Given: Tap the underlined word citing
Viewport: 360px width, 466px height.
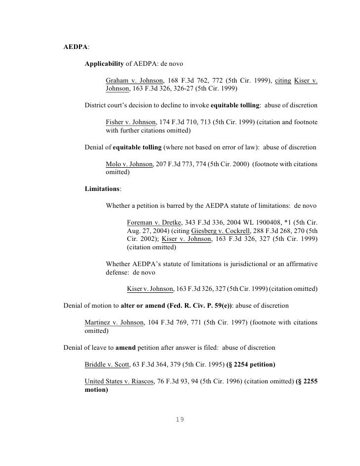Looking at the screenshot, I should [x=283, y=81].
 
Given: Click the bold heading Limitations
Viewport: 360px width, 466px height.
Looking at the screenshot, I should [x=102, y=188].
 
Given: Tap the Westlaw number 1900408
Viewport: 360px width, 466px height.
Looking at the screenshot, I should [x=252, y=222].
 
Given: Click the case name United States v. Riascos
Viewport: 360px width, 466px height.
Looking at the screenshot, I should [x=122, y=381].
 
